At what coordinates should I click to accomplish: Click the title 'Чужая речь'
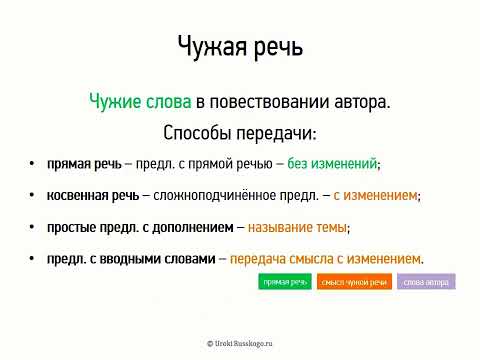239,46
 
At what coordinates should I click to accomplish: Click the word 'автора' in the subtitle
360,102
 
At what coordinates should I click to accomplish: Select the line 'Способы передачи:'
239,132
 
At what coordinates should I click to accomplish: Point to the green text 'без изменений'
333,163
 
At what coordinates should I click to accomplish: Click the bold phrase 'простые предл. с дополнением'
139,228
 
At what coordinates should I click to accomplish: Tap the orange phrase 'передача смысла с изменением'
326,259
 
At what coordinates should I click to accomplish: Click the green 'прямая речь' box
285,282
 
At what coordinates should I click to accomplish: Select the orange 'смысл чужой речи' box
354,282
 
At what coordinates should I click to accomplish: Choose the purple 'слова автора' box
426,282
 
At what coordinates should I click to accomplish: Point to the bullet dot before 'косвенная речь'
33,197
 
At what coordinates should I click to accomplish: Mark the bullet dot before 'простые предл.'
33,229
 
